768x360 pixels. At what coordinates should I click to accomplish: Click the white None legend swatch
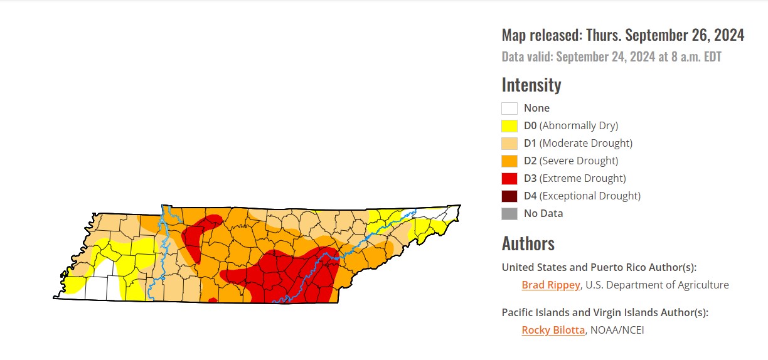point(509,108)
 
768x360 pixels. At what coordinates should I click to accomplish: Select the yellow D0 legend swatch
point(509,125)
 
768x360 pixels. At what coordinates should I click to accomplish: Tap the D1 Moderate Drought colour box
point(509,143)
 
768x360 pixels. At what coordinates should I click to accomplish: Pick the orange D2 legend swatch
point(509,161)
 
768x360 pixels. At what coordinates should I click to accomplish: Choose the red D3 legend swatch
point(509,178)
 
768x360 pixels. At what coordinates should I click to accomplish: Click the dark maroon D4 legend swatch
point(509,196)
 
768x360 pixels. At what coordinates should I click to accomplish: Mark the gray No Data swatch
point(509,213)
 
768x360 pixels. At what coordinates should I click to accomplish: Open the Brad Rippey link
point(550,285)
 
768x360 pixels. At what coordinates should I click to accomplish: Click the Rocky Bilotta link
point(553,330)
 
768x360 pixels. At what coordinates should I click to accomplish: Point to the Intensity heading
point(531,85)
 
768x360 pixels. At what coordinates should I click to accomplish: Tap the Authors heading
point(528,243)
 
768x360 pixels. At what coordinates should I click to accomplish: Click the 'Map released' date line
point(622,35)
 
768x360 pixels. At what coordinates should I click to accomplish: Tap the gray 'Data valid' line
point(611,57)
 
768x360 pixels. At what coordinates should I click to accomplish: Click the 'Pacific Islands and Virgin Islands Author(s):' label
point(609,312)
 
